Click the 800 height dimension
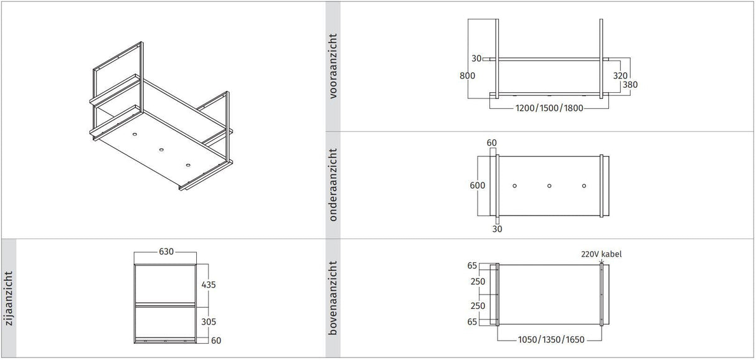(468, 76)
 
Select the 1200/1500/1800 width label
(549, 108)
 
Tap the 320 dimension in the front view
(620, 75)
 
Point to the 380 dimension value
(630, 85)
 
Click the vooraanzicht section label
(333, 67)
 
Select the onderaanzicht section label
(333, 184)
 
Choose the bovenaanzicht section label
(333, 298)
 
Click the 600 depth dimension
(478, 186)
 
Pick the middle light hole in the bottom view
(549, 186)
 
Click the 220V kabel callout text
(600, 254)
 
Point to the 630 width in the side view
(166, 252)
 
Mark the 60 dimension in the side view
(215, 340)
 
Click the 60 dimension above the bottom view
(491, 143)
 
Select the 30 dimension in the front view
(476, 59)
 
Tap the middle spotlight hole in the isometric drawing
(161, 149)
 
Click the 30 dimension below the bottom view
(496, 229)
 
